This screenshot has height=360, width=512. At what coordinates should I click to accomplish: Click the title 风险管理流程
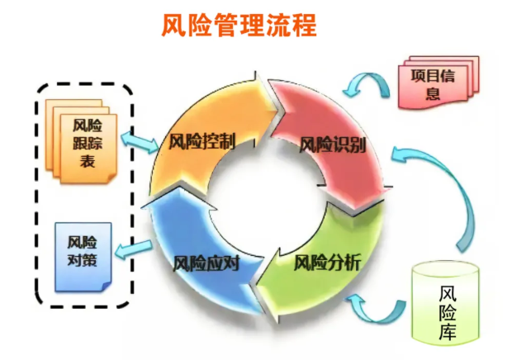(239, 25)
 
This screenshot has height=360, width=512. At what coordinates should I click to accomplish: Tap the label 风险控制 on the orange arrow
(201, 142)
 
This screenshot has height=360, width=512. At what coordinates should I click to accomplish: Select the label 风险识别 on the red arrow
(333, 144)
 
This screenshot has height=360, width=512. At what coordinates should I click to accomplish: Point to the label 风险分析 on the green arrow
(327, 263)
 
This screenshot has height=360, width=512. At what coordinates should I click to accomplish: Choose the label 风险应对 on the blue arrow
(206, 263)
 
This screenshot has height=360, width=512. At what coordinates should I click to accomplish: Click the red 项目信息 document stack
(439, 83)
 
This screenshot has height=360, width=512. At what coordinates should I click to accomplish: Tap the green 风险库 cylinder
(445, 303)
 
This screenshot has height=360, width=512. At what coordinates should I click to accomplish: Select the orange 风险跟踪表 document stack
(81, 141)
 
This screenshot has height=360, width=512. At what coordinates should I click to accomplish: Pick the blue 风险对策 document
(83, 257)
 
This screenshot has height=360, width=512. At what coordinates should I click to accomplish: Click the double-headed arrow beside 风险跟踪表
(140, 142)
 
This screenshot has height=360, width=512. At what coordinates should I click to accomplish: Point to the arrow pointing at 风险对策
(134, 250)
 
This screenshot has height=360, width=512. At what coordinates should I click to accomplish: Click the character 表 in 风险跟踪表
(88, 161)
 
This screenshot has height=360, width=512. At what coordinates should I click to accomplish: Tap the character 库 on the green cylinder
(447, 331)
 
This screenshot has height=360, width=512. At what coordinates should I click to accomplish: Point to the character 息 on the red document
(433, 92)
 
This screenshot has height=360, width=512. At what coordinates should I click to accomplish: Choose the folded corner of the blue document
(107, 287)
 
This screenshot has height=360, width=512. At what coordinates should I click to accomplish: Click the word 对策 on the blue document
(83, 260)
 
